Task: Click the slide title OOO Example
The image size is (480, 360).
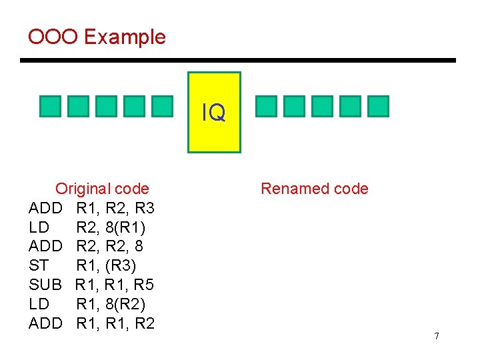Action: click(x=97, y=37)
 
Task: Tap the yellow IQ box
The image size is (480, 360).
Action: click(x=214, y=113)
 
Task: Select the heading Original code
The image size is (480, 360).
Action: click(x=102, y=189)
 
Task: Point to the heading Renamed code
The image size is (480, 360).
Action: click(x=314, y=189)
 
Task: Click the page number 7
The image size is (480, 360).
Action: click(x=437, y=336)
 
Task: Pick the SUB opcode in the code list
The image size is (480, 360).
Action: click(x=45, y=285)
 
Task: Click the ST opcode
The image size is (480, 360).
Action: click(x=39, y=266)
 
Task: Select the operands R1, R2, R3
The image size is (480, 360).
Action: click(x=115, y=208)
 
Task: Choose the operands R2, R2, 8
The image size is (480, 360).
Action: click(x=109, y=247)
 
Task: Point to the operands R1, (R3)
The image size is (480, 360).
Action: click(x=106, y=266)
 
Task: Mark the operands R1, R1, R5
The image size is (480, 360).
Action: click(x=115, y=285)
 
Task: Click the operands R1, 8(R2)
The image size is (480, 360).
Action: click(x=111, y=305)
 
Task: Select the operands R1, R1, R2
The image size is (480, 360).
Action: click(x=115, y=324)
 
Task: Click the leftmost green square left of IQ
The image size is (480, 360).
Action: click(x=50, y=106)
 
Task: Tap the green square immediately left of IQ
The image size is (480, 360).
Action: click(x=161, y=106)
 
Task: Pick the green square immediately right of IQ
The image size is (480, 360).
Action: click(x=267, y=106)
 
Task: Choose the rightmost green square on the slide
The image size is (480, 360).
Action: click(x=378, y=106)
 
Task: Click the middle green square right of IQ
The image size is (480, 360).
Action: click(x=323, y=106)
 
